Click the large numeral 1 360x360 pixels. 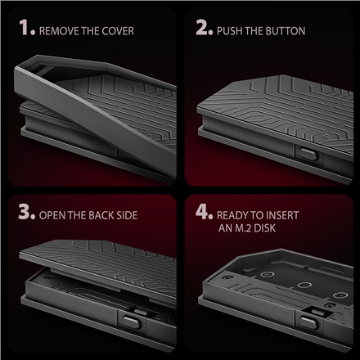pos(24,27)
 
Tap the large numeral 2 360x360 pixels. pos(202,27)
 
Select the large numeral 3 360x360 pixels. pos(25,211)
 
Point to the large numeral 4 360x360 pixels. pos(202,211)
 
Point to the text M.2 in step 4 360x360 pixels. pos(243,228)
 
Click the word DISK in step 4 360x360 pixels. pos(265,228)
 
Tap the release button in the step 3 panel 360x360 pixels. pos(131,322)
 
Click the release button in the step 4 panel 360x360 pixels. pos(308,322)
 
